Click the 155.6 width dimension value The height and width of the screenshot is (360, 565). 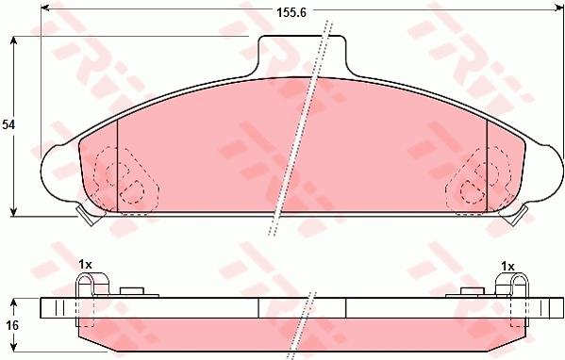(x=291, y=12)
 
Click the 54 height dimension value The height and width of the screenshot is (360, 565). (x=8, y=125)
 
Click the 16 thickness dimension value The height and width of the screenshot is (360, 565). (x=12, y=326)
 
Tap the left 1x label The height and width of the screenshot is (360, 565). (x=86, y=265)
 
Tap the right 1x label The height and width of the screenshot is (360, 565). (x=507, y=267)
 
